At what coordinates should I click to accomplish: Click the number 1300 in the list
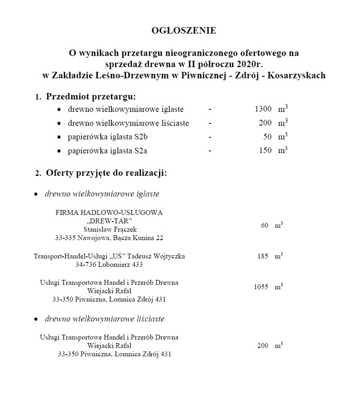pos(263,109)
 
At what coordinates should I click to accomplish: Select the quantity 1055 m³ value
pos(261,287)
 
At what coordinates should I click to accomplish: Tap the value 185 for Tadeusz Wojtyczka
pos(263,256)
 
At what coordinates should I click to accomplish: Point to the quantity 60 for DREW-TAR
pos(264,225)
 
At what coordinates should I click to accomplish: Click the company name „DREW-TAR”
pos(109,220)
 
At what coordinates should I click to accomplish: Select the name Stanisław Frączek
pos(110,229)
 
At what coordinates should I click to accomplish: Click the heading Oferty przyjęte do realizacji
pos(106,173)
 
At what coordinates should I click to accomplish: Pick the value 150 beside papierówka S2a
pos(264,150)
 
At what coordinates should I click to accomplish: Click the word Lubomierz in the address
pos(115,265)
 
